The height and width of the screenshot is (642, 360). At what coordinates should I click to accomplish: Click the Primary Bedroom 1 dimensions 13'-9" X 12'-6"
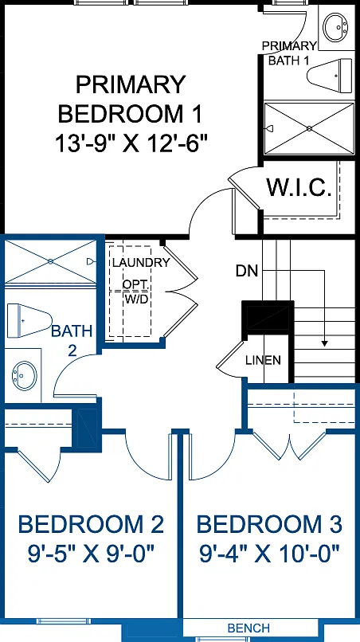(x=131, y=143)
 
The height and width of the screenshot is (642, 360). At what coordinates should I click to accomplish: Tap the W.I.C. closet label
(x=299, y=187)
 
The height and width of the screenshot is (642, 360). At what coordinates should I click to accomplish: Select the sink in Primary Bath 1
(x=335, y=26)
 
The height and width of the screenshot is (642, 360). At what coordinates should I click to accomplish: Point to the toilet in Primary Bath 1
(x=330, y=76)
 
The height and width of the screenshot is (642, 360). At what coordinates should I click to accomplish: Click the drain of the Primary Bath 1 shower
(x=309, y=128)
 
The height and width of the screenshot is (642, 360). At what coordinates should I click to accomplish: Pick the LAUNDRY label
(x=141, y=262)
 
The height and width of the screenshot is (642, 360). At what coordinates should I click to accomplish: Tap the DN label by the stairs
(x=247, y=271)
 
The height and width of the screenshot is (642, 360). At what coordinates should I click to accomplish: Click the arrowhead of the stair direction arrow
(x=324, y=344)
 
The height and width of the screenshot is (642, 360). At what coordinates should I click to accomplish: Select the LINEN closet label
(x=264, y=361)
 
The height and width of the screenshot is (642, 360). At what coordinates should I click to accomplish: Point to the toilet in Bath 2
(x=29, y=320)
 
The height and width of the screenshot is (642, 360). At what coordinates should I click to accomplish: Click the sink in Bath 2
(x=25, y=375)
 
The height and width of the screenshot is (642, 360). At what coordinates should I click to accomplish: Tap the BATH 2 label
(x=72, y=340)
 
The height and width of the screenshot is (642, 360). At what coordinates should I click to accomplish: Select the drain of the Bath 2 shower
(x=50, y=261)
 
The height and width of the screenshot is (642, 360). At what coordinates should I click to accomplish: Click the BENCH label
(x=248, y=628)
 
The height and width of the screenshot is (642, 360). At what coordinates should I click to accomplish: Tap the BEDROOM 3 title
(x=269, y=524)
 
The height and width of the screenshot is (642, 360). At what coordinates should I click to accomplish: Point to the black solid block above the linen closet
(x=268, y=317)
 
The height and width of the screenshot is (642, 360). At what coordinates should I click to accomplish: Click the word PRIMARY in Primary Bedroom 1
(x=131, y=84)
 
